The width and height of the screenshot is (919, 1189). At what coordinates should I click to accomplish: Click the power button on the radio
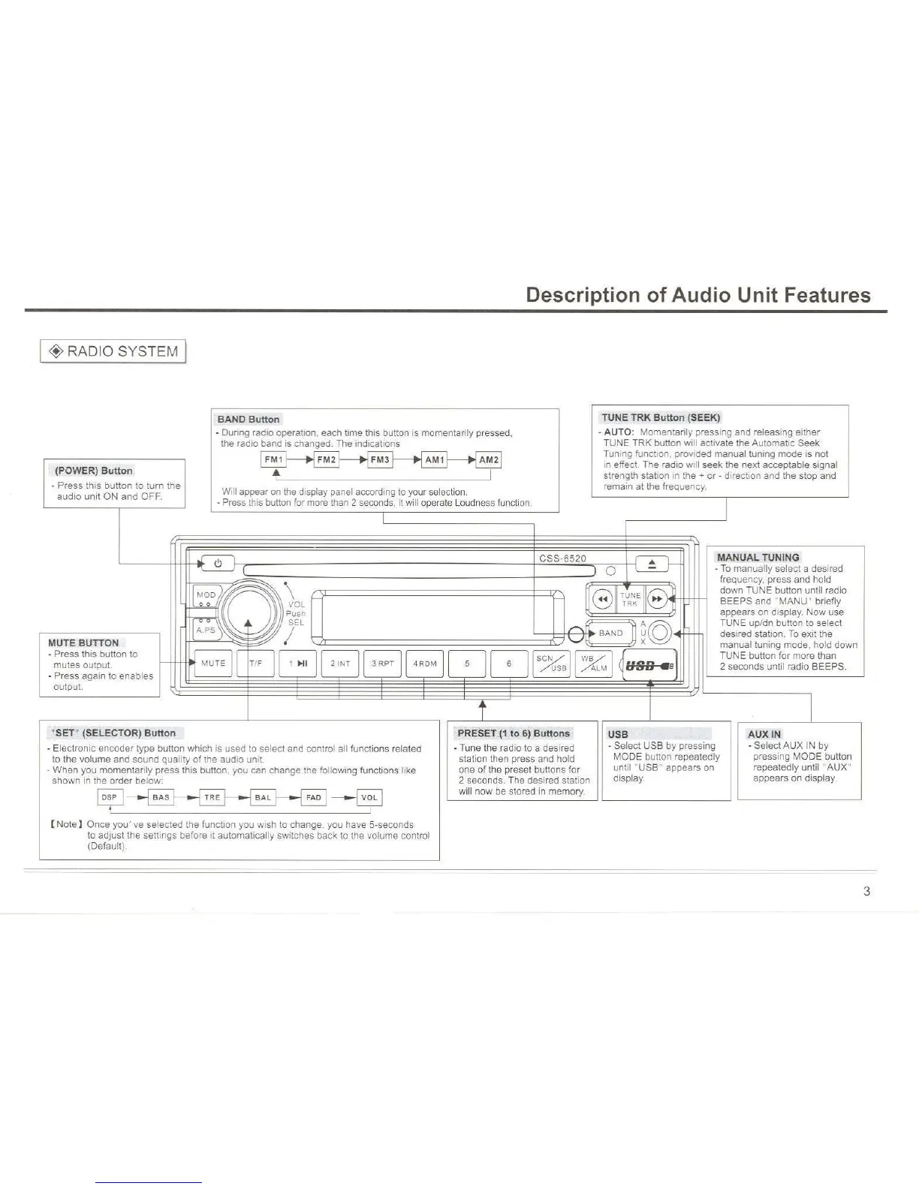(218, 563)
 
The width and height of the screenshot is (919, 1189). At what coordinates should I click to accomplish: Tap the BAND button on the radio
(610, 633)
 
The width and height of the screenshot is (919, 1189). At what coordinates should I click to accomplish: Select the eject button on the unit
(652, 564)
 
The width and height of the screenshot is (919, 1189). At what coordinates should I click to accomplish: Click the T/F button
(255, 664)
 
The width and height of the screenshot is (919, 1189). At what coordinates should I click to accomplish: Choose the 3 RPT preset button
(382, 664)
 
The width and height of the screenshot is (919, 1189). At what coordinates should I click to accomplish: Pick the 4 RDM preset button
(424, 664)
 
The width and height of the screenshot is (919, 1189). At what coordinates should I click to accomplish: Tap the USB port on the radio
(649, 665)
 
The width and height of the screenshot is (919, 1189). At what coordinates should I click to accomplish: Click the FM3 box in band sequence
(380, 459)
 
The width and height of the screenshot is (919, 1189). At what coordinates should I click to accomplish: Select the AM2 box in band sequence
(488, 459)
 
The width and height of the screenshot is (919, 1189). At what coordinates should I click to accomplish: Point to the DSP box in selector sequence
(110, 797)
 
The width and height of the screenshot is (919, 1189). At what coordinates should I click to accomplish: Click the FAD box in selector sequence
(313, 797)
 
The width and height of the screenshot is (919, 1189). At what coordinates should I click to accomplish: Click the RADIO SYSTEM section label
(113, 351)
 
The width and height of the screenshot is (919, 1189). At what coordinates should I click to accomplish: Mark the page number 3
(866, 892)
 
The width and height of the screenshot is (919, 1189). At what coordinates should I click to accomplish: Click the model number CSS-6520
(562, 558)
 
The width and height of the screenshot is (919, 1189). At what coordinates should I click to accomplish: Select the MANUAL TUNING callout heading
(758, 557)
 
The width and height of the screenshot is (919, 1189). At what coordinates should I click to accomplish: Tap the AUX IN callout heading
(764, 734)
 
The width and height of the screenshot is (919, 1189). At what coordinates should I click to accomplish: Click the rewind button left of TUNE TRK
(603, 599)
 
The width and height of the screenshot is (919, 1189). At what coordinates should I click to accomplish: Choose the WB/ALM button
(593, 664)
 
